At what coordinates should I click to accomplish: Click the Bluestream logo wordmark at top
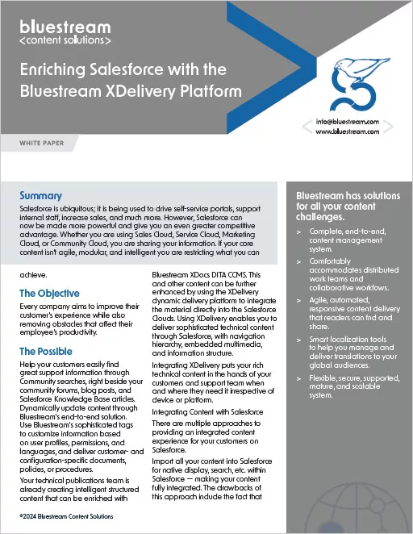pyautogui.click(x=65, y=25)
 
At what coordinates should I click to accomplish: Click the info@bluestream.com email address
pyautogui.click(x=348, y=123)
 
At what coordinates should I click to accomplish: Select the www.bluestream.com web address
pyautogui.click(x=348, y=134)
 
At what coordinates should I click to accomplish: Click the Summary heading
pyautogui.click(x=40, y=196)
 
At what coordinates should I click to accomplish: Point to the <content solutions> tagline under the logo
pyautogui.click(x=65, y=39)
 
